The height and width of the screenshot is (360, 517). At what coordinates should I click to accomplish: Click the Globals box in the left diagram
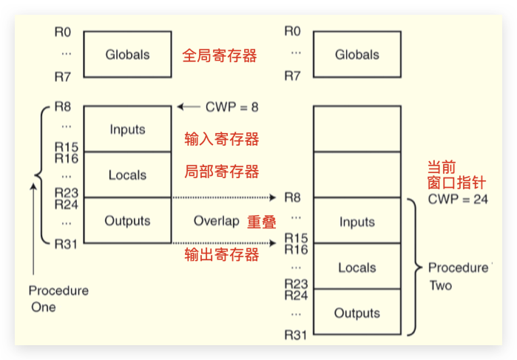coord(127,55)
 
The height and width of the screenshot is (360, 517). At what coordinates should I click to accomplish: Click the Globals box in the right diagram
coord(357,55)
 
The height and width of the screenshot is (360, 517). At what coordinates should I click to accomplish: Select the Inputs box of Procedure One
coord(127,129)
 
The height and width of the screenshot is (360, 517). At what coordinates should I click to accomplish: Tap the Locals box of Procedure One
coord(127,175)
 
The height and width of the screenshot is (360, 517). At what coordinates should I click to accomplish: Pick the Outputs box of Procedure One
coord(127,220)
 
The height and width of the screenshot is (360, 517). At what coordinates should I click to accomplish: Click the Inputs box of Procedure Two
coord(357,222)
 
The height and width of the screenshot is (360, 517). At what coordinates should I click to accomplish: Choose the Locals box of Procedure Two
coord(357,268)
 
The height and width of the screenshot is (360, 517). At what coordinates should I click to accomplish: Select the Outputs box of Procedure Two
coord(357,313)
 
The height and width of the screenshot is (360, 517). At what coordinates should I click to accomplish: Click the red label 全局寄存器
coord(220,55)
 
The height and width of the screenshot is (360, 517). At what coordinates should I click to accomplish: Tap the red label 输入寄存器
coord(221,139)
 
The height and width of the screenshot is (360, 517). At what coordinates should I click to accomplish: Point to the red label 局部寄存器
coord(221,172)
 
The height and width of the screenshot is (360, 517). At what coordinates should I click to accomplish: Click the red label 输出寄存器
coord(221,255)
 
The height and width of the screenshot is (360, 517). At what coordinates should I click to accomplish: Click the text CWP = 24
coord(458,200)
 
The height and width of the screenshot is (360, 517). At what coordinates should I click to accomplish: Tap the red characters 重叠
coord(260,222)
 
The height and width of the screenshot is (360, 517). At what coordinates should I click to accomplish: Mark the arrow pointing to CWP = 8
coord(189,107)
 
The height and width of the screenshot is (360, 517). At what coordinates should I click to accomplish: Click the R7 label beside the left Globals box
coord(64,76)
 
